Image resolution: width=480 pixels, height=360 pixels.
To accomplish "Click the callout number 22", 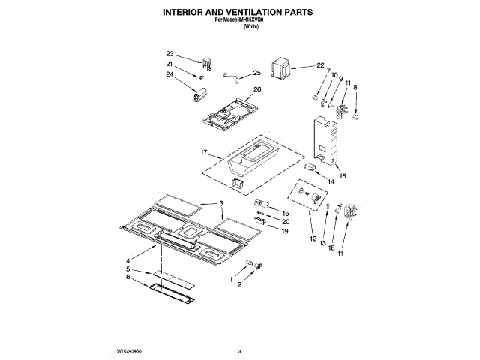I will (x=320, y=65).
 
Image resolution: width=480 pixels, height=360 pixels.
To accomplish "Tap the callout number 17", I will (x=203, y=152).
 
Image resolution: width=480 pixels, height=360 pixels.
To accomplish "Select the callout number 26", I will (x=256, y=89).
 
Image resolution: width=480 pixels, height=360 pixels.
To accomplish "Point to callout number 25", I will (x=256, y=73).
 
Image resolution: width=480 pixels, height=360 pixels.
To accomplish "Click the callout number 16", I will (x=343, y=177).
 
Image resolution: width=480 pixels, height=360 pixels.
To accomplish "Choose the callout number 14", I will (x=330, y=182).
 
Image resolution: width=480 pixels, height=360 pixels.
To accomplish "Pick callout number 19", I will (x=284, y=232).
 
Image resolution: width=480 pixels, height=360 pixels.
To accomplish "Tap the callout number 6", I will (x=128, y=277).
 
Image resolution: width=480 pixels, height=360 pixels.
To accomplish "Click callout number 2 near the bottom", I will (x=239, y=286).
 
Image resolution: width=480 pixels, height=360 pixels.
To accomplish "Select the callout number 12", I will (x=313, y=239).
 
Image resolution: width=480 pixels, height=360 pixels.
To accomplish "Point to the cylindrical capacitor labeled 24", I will (x=199, y=94).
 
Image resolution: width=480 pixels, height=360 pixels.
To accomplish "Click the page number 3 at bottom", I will (x=238, y=350).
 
